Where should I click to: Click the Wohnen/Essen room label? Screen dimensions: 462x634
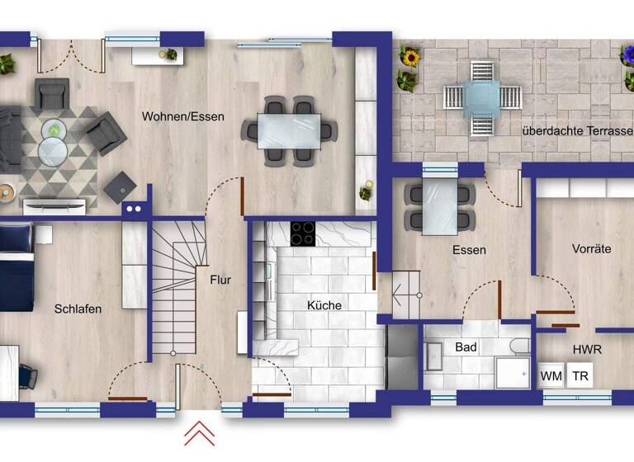coord(182,116)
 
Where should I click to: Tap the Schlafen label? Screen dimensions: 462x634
coord(78,309)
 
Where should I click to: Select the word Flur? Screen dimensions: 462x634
coord(220,280)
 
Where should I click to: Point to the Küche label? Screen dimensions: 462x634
coord(324,305)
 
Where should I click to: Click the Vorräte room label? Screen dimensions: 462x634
coord(591,248)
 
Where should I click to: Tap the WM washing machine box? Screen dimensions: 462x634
coord(551,376)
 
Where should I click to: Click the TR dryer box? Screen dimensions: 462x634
coord(581,376)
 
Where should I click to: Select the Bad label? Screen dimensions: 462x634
coord(466,347)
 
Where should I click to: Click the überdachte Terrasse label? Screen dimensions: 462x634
coord(576,131)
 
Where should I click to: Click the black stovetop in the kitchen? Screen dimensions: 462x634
coord(302,233)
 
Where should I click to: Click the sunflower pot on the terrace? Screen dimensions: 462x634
coord(409,58)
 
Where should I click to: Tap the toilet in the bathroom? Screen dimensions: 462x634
coord(520,346)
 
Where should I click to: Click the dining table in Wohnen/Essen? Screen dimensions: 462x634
coord(289,130)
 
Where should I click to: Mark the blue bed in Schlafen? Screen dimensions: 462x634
coord(17,268)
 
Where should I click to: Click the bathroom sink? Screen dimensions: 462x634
coord(433,357)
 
